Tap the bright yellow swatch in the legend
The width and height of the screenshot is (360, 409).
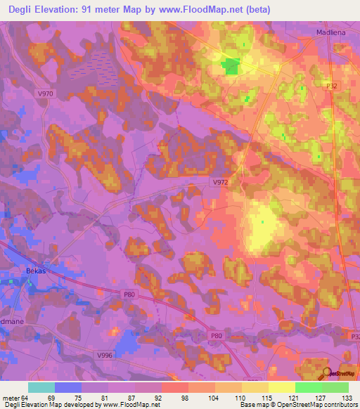tap(281, 387)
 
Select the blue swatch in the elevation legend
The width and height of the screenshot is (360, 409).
tap(68, 387)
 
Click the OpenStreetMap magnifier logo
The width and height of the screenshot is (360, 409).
tap(327, 375)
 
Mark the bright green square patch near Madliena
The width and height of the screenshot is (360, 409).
tap(230, 67)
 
